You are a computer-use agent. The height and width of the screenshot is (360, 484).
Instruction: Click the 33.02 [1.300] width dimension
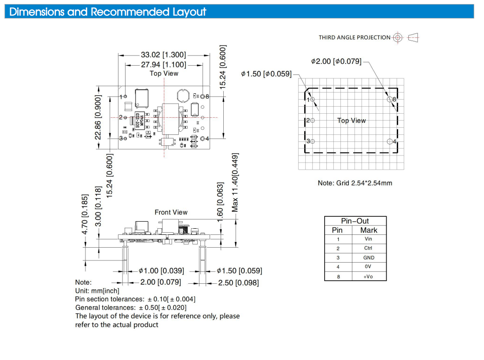point(163,55)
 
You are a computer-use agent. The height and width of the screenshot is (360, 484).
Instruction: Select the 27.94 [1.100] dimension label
point(163,65)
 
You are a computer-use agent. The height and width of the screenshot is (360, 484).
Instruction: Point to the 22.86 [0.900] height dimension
point(98,117)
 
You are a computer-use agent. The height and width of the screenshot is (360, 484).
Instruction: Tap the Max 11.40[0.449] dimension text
point(235,182)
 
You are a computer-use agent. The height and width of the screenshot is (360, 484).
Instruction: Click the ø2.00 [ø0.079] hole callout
point(336,61)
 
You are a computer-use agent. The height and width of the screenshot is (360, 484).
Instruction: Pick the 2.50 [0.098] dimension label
point(238,283)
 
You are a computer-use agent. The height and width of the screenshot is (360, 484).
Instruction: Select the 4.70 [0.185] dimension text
point(85,214)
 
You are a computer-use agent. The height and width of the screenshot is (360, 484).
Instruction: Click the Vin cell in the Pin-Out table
point(368,239)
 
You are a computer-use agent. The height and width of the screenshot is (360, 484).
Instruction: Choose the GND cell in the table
point(369,257)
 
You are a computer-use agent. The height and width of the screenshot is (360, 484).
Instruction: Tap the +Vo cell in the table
point(368,277)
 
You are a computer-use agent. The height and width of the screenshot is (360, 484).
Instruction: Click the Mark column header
point(369,230)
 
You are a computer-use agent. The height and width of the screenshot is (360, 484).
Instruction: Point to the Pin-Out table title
point(355,221)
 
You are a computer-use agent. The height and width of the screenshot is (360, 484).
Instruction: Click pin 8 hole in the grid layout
point(390,99)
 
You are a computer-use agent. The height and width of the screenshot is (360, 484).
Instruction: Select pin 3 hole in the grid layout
point(312,141)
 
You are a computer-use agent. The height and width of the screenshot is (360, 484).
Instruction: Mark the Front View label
point(171,212)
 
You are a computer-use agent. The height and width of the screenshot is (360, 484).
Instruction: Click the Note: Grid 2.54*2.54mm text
point(355,183)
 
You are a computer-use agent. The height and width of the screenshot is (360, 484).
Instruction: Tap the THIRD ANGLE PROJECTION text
point(355,37)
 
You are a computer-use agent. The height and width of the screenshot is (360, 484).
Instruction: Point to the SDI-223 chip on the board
point(140,120)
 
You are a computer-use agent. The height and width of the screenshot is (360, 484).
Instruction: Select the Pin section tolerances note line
point(135,299)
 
